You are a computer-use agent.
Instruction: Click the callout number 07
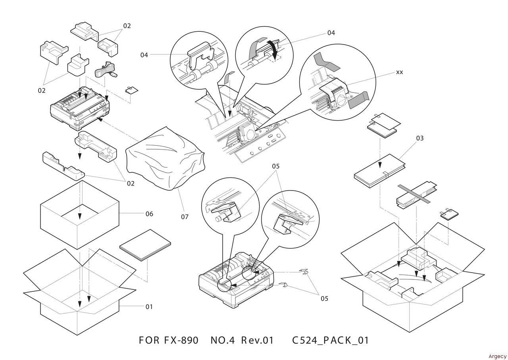tap(185, 217)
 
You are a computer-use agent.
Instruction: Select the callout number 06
tap(149, 214)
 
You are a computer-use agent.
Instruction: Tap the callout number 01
tap(149, 306)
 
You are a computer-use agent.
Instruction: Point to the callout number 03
tap(420, 138)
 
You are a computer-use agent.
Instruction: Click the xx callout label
tap(399, 72)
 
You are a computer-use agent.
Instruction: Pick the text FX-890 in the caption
tap(181, 341)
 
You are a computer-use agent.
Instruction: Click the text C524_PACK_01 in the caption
tap(331, 341)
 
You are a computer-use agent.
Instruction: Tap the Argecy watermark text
tap(497, 356)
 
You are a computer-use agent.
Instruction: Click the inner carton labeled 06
tap(79, 214)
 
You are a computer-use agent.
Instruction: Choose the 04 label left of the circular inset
tap(144, 55)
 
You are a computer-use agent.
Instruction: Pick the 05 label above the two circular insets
tap(276, 166)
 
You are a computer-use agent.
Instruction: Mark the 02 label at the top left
tap(127, 26)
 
